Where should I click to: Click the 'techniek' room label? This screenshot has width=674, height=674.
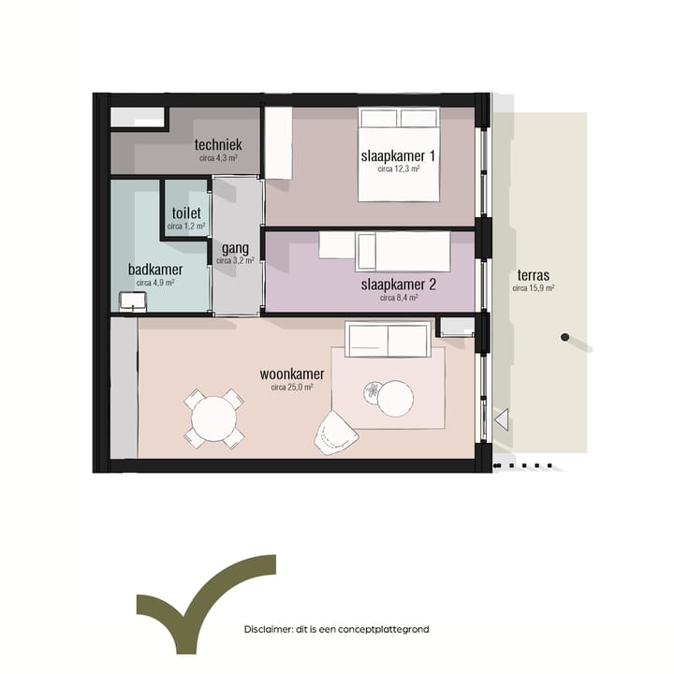218,145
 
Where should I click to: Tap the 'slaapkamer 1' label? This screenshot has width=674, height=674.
398,155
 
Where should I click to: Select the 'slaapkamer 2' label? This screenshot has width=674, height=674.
398,284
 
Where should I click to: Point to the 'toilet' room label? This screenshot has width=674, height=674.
186,212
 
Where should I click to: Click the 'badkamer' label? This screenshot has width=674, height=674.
155,270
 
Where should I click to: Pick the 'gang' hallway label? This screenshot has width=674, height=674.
234,248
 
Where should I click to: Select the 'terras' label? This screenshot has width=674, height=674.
532,276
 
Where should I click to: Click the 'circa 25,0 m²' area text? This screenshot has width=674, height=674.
292,387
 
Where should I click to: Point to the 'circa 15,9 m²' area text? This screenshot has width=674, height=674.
533,289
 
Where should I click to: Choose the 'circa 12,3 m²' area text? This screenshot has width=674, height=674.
398,169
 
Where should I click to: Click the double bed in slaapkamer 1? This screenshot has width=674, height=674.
399,154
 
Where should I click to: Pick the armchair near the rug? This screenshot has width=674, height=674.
332,432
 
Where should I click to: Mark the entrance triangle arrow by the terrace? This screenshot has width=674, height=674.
501,419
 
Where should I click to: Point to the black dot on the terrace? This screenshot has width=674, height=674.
564,337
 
